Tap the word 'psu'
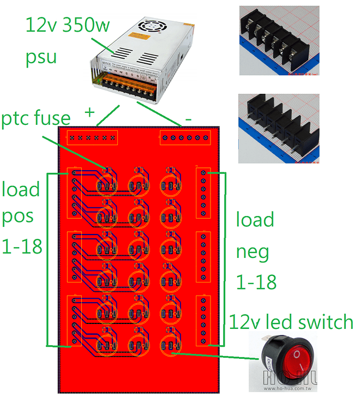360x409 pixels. pyautogui.click(x=41, y=56)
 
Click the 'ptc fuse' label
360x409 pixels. pyautogui.click(x=36, y=118)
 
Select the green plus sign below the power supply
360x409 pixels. pyautogui.click(x=89, y=113)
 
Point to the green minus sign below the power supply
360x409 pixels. pyautogui.click(x=188, y=118)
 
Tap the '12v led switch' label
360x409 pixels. pyautogui.click(x=291, y=322)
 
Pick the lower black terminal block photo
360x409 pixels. pyautogui.click(x=279, y=129)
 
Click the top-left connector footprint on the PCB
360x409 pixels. pyautogui.click(x=92, y=138)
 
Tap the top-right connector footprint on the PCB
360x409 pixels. pyautogui.click(x=185, y=138)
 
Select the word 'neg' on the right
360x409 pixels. pyautogui.click(x=253, y=251)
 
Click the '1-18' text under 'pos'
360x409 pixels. pyautogui.click(x=22, y=246)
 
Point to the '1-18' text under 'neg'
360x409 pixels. pyautogui.click(x=256, y=282)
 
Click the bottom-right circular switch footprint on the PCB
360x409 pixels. pyautogui.click(x=171, y=346)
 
